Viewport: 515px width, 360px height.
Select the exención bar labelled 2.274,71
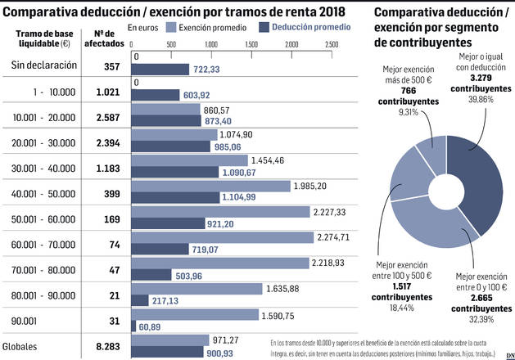221,237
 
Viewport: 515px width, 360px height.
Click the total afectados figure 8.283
108,346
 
